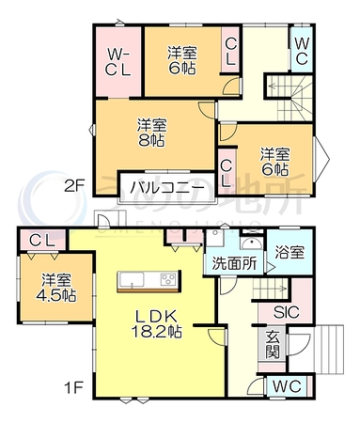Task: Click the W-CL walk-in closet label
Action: pyautogui.click(x=117, y=63)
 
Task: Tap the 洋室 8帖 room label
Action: pyautogui.click(x=151, y=133)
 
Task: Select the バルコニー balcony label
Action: pyautogui.click(x=167, y=188)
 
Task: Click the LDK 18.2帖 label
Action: pyautogui.click(x=156, y=323)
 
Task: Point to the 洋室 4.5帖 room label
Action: pyautogui.click(x=56, y=288)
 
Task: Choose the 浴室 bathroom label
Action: pyautogui.click(x=290, y=253)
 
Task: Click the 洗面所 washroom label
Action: pyautogui.click(x=234, y=263)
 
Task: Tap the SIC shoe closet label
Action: pyautogui.click(x=287, y=312)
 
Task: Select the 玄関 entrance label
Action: pyautogui.click(x=273, y=345)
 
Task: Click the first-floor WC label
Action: pyautogui.click(x=287, y=386)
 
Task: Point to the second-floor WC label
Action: pyautogui.click(x=302, y=51)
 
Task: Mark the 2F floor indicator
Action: pyautogui.click(x=74, y=186)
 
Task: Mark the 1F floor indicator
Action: pyautogui.click(x=73, y=389)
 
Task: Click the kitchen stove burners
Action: pyautogui.click(x=168, y=279)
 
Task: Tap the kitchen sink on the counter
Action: pyautogui.click(x=132, y=279)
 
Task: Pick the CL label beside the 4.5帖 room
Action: pyautogui.click(x=42, y=241)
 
